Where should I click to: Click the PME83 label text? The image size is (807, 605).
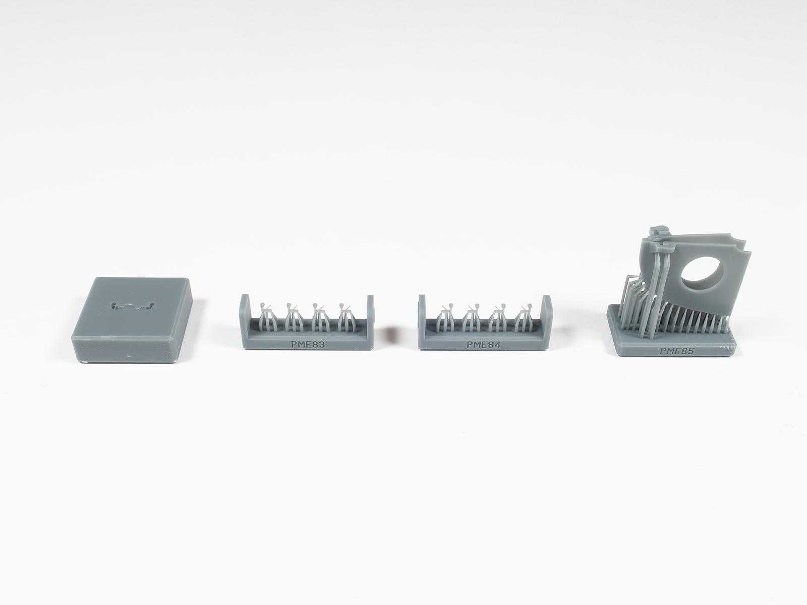pos(308,345)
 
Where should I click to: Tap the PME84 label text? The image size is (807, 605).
pos(484,345)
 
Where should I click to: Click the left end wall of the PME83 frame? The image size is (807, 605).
pos(244,316)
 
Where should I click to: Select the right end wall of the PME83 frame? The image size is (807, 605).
pos(370,316)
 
